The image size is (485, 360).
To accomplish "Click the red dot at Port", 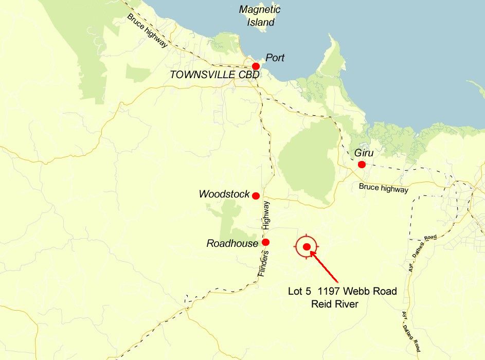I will tap(256, 66).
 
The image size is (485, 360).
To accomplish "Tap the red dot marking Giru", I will tap(362, 165).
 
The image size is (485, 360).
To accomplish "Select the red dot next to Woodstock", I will tap(256, 195).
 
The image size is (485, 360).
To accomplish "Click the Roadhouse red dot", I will tap(265, 242).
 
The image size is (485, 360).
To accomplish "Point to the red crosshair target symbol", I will tap(307, 247).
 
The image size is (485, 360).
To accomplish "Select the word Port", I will tap(275, 58).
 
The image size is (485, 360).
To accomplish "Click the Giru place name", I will tap(363, 153).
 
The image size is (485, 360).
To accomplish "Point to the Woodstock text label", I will tap(224, 194).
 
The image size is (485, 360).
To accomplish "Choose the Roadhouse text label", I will tap(232, 243).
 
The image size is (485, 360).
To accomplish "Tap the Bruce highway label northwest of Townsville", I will tap(147, 30).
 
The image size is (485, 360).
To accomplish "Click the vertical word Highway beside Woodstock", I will tap(266, 215).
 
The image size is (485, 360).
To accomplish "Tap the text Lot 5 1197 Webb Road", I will tap(342, 291).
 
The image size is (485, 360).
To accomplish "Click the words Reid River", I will tap(334, 303).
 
